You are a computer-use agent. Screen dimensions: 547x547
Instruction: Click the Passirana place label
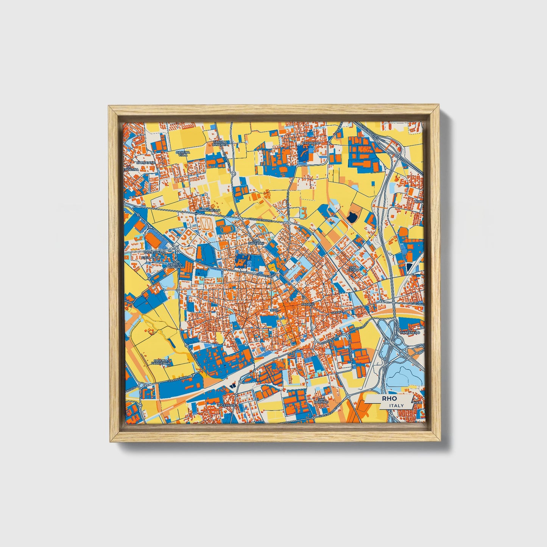coord(311,143)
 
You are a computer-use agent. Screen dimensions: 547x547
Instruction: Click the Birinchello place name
coord(209,210)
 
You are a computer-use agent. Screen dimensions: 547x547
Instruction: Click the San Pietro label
coord(353,269)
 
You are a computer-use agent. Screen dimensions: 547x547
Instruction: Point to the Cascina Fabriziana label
coord(161,362)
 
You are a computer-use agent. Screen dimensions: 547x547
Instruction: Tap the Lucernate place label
coord(226,405)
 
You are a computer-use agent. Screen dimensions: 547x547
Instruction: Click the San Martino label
coord(322,401)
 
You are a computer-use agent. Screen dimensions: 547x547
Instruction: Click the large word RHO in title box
coord(389,399)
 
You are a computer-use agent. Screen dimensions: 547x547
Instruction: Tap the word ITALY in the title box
coord(396,405)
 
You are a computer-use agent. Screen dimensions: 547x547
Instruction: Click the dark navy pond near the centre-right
coord(352,217)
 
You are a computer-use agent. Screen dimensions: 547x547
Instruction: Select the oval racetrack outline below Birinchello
coord(206,224)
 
